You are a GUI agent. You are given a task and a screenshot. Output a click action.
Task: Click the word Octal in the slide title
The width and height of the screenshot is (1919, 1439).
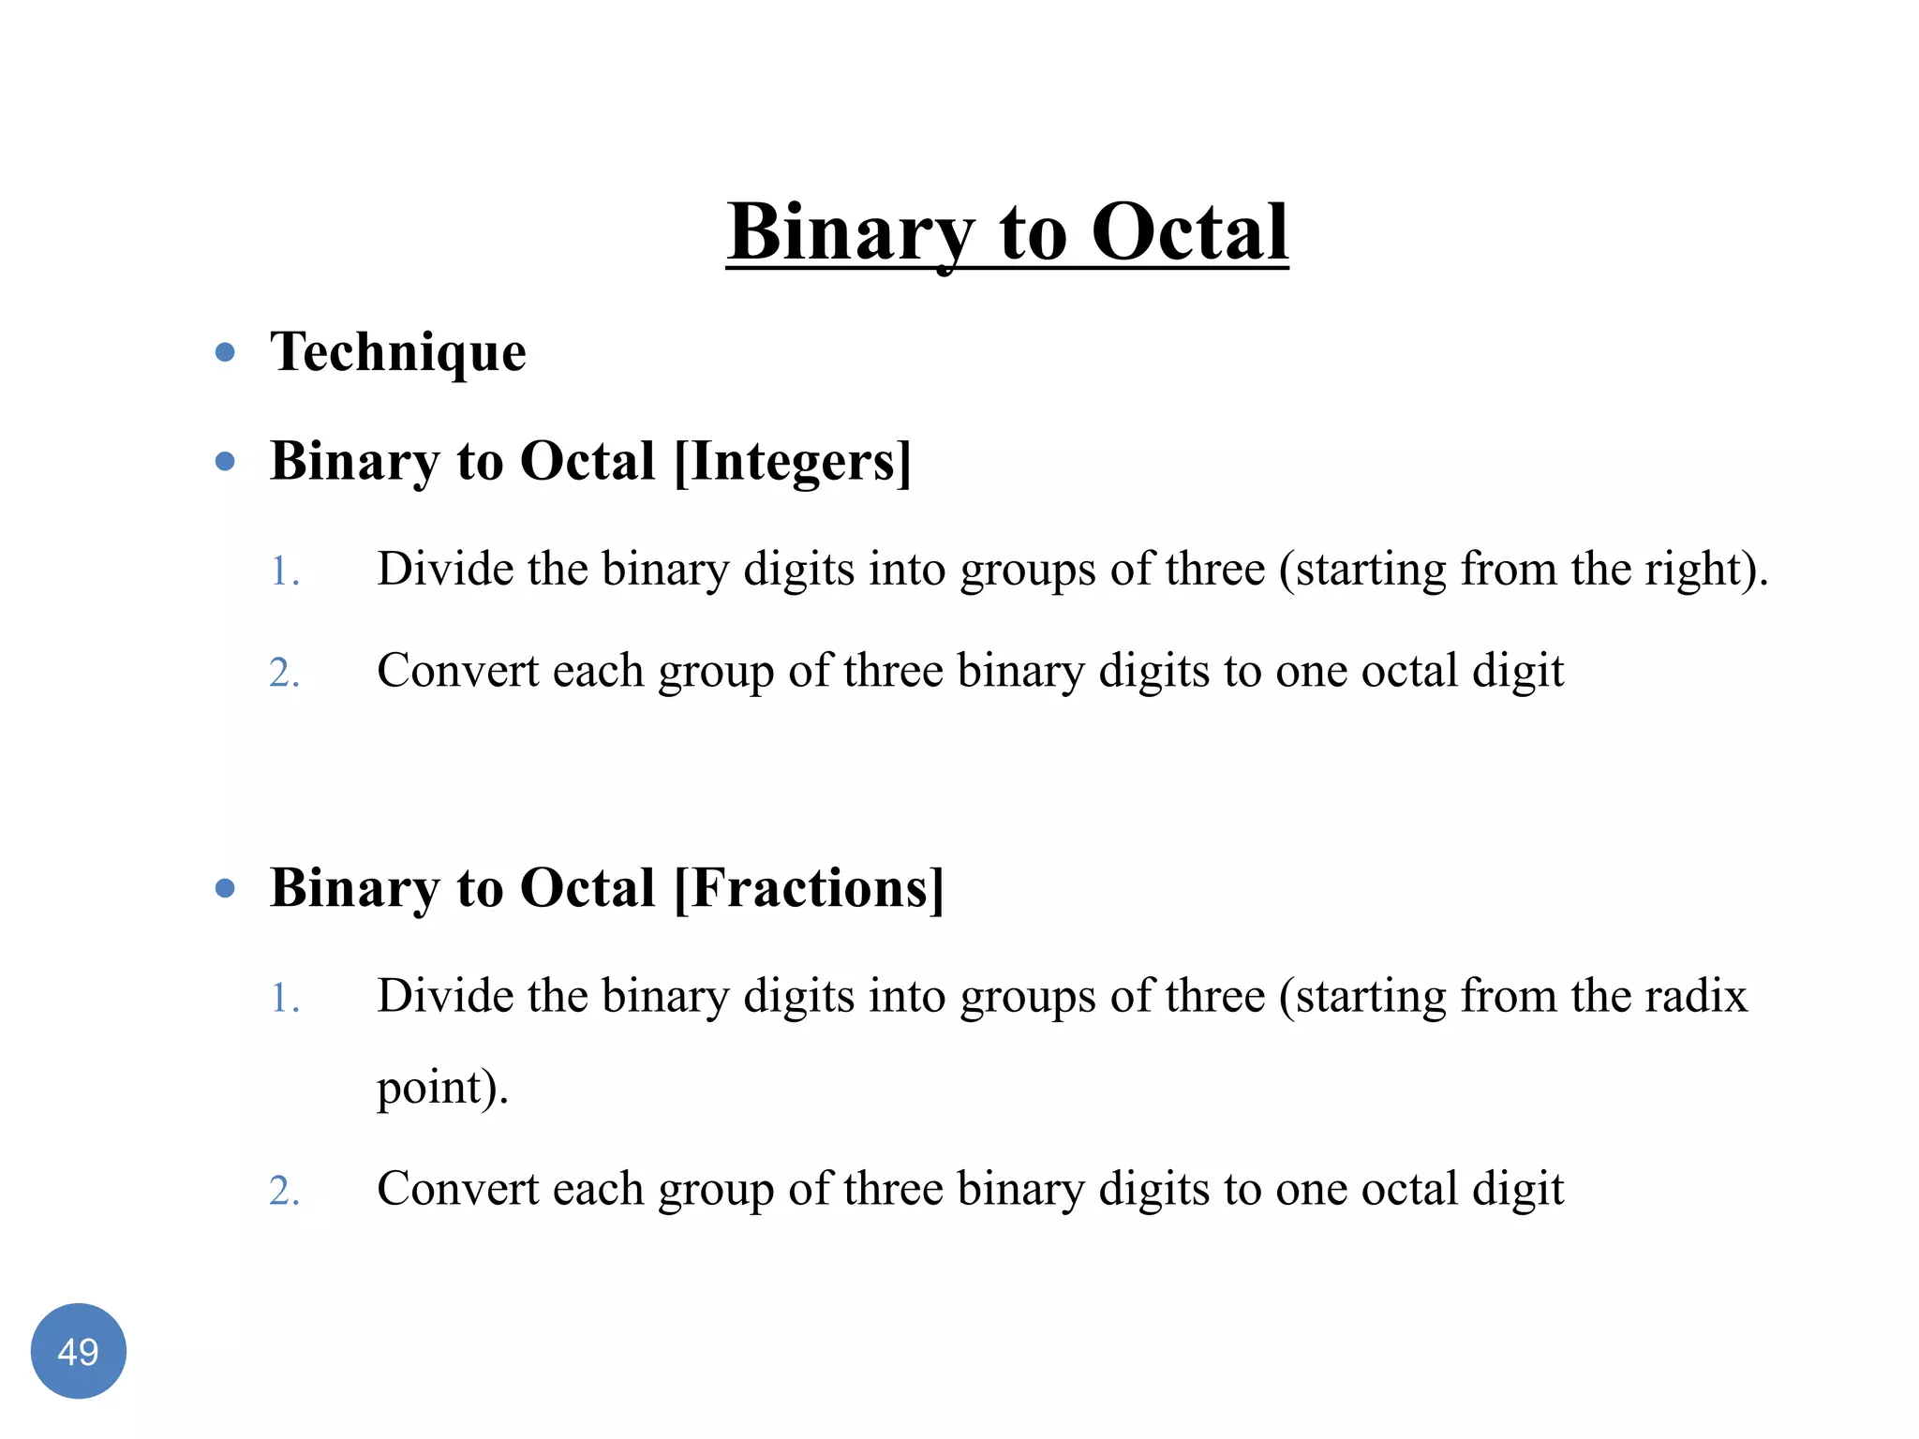point(1189,232)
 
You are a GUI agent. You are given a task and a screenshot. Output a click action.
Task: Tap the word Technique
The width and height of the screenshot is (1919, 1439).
point(398,352)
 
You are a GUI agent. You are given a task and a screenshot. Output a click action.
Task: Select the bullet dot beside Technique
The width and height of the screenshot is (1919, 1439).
point(225,352)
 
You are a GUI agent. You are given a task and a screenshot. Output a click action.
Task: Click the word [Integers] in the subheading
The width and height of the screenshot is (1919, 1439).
point(793,461)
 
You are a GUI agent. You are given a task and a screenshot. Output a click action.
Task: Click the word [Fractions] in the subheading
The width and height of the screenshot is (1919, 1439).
point(809,887)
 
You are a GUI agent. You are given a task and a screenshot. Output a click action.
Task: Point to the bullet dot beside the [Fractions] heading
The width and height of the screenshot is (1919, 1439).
point(225,887)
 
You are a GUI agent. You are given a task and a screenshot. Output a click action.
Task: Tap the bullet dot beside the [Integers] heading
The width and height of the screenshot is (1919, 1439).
point(225,461)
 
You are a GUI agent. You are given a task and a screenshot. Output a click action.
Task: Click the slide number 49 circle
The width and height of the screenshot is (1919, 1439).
point(79,1351)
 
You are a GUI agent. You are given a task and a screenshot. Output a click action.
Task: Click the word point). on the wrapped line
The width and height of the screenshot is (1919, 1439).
point(442,1087)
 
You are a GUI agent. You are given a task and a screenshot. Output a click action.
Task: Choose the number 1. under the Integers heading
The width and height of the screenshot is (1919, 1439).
point(285,571)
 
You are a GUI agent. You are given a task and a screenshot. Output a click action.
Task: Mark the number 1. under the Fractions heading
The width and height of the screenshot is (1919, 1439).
point(285,998)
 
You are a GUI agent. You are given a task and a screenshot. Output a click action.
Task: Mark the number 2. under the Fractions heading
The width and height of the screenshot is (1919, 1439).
point(285,1192)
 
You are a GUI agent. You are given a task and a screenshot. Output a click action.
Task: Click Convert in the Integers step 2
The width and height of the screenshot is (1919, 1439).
point(457,671)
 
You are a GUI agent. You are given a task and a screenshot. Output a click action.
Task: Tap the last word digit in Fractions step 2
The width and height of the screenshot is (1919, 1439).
point(1518,1189)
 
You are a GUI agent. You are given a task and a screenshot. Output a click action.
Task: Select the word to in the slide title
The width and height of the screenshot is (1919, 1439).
point(1033,232)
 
